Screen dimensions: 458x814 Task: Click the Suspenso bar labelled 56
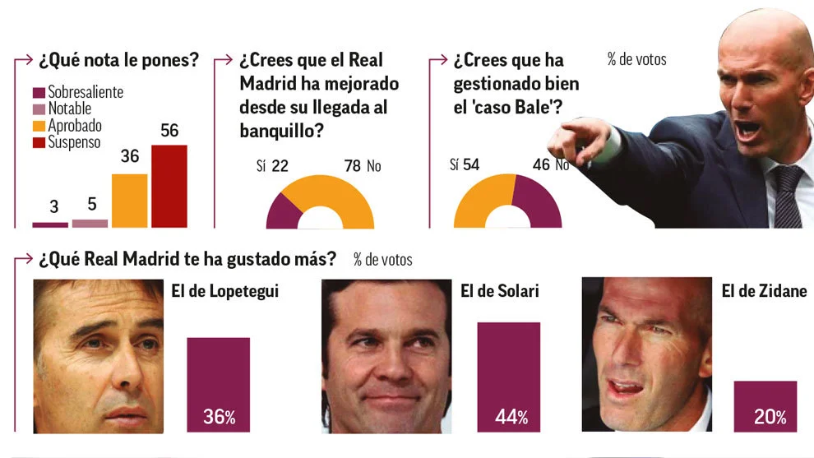(169, 186)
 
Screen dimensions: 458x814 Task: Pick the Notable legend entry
(69, 109)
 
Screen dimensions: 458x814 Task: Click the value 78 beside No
(352, 167)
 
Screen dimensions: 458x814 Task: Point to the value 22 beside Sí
(280, 167)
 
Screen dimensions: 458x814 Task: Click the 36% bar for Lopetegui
(218, 384)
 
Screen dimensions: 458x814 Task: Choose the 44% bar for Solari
(509, 376)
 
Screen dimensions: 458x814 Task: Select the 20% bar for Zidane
(765, 405)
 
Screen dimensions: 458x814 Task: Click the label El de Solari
(499, 290)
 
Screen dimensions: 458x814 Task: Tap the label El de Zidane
(764, 290)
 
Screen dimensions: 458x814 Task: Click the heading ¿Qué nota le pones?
(119, 60)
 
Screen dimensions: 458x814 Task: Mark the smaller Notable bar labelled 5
(90, 223)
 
